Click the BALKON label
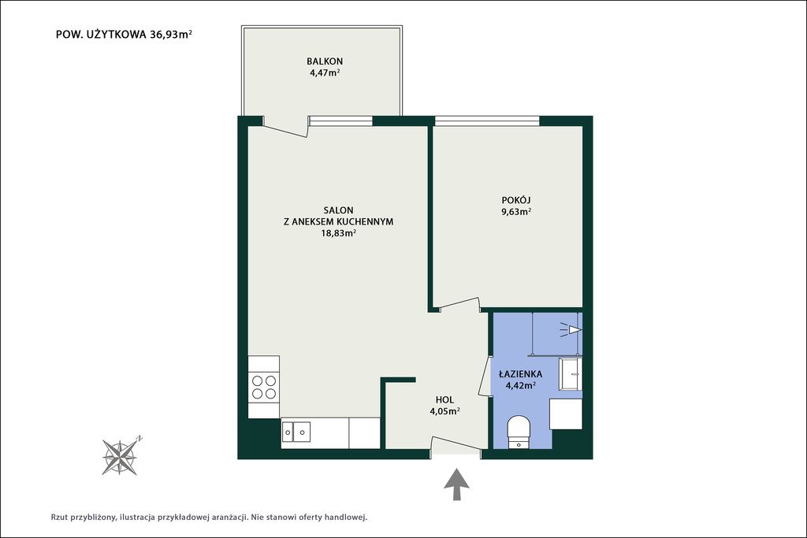pyautogui.click(x=325, y=61)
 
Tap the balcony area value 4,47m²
pyautogui.click(x=325, y=72)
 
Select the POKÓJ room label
pyautogui.click(x=516, y=199)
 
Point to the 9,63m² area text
pyautogui.click(x=516, y=211)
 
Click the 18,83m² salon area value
pyautogui.click(x=339, y=233)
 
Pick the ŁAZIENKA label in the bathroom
pyautogui.click(x=520, y=374)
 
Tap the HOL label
pyautogui.click(x=444, y=399)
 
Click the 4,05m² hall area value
pyautogui.click(x=444, y=411)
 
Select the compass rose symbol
pyautogui.click(x=121, y=456)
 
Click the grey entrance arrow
pyautogui.click(x=456, y=484)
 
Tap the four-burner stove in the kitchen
pyautogui.click(x=263, y=387)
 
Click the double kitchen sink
pyautogui.click(x=296, y=432)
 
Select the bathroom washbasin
pyautogui.click(x=571, y=374)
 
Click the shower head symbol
pyautogui.click(x=571, y=329)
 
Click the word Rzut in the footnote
pyautogui.click(x=60, y=517)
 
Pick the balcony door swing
pyautogui.click(x=284, y=131)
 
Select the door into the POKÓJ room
pyautogui.click(x=460, y=305)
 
